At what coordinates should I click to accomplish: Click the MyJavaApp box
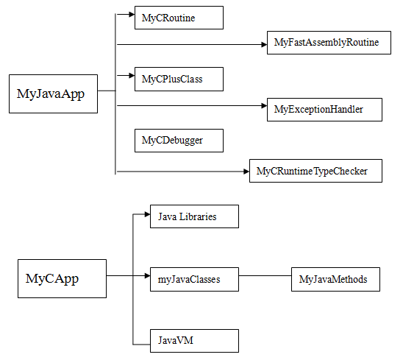pyautogui.click(x=53, y=94)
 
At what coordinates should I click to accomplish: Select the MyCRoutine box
pyautogui.click(x=179, y=18)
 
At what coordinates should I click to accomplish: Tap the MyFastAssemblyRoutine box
pyautogui.click(x=329, y=43)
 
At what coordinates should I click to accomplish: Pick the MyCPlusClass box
pyautogui.click(x=179, y=80)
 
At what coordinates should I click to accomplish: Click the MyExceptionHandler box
pyautogui.click(x=324, y=110)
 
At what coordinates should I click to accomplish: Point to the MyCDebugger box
pyautogui.click(x=179, y=141)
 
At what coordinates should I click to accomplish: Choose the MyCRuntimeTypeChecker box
pyautogui.click(x=315, y=171)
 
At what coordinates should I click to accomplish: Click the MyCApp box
pyautogui.click(x=62, y=279)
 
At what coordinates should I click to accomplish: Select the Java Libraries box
pyautogui.click(x=194, y=216)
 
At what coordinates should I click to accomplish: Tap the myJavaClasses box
pyautogui.click(x=194, y=280)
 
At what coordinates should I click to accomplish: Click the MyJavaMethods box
pyautogui.click(x=335, y=280)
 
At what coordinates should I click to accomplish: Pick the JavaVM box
pyautogui.click(x=194, y=341)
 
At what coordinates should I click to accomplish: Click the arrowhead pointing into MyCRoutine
pyautogui.click(x=132, y=15)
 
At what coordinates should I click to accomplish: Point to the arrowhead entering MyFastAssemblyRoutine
pyautogui.click(x=264, y=45)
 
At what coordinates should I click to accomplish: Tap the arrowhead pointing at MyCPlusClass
pyautogui.click(x=132, y=75)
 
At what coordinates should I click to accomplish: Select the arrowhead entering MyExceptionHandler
pyautogui.click(x=264, y=106)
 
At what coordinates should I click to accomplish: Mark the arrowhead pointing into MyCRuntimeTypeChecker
pyautogui.click(x=246, y=172)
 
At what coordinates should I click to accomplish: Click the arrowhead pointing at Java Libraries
pyautogui.click(x=147, y=214)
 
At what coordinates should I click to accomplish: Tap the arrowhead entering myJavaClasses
pyautogui.click(x=147, y=276)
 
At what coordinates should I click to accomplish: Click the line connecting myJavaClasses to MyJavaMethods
pyautogui.click(x=265, y=276)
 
